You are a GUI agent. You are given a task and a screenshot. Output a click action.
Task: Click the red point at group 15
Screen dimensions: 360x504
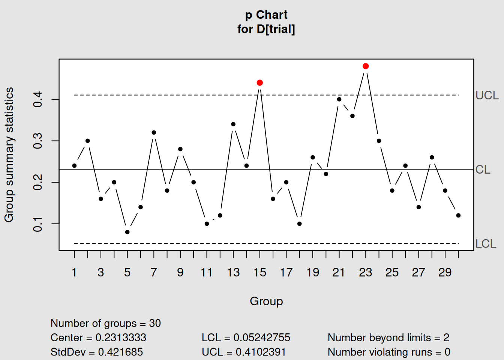[x=260, y=82]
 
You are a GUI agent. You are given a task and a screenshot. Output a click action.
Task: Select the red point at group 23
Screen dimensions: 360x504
[x=366, y=66]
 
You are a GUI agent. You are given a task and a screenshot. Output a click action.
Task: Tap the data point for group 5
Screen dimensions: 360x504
[x=127, y=232]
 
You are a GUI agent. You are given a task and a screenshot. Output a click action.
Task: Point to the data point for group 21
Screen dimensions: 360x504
[x=339, y=99]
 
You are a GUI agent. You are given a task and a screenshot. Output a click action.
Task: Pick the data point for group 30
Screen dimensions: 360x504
[x=458, y=216]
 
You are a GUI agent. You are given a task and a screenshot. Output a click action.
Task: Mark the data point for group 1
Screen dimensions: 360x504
[x=74, y=166]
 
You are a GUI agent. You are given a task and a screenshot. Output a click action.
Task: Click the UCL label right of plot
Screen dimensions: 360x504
[x=487, y=96]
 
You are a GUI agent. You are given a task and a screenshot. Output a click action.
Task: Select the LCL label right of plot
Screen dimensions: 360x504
[x=486, y=244]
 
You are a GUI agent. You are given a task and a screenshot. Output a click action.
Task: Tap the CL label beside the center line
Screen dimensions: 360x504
[x=483, y=170]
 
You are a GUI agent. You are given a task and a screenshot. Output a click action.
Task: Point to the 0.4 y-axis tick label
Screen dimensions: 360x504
[x=38, y=100]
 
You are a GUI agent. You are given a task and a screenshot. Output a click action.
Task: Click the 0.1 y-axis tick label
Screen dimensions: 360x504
[x=38, y=224]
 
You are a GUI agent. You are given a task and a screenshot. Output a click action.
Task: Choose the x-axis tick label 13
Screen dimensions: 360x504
[x=233, y=273]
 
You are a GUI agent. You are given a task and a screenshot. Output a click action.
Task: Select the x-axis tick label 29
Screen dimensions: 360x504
[x=445, y=273]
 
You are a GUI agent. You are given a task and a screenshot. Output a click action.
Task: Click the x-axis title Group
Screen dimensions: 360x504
[x=266, y=301]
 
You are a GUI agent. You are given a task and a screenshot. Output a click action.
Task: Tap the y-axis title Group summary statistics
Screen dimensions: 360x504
[x=9, y=154]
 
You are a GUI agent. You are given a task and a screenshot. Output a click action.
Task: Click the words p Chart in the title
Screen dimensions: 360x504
[x=266, y=15]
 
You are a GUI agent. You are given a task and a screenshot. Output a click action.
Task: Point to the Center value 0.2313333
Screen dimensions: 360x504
[x=121, y=338]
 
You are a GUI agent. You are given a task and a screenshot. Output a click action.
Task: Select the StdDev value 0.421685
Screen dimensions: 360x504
[x=120, y=352]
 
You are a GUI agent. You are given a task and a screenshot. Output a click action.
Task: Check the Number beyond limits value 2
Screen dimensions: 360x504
[x=446, y=338]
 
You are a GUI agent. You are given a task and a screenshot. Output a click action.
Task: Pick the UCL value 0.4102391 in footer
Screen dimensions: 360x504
[x=261, y=352]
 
